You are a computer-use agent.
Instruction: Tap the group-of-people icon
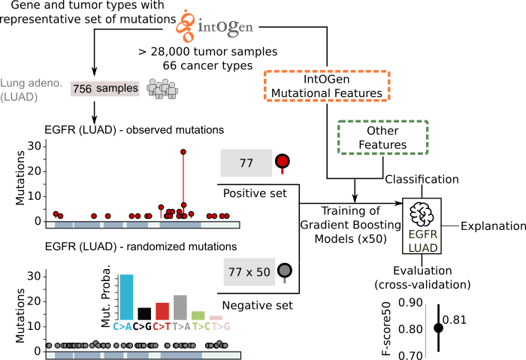click(162, 89)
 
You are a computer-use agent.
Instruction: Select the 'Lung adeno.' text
click(31, 83)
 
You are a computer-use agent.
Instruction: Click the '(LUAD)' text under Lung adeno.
click(19, 97)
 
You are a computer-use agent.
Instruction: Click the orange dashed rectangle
click(327, 86)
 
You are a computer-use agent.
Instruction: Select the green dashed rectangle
click(383, 138)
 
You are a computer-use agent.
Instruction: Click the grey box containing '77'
click(246, 163)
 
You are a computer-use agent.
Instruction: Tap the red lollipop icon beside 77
click(283, 162)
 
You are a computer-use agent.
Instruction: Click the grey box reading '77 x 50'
click(249, 272)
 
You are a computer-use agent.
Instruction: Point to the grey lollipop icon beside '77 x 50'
click(284, 271)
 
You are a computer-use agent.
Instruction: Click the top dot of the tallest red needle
click(183, 152)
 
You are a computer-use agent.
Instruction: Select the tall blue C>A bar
click(126, 297)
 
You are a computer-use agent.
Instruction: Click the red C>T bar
click(162, 310)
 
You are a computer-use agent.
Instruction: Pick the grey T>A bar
click(180, 307)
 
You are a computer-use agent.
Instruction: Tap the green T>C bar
click(198, 316)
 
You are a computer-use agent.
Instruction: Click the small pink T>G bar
click(216, 318)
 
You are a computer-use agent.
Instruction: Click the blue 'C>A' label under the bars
click(122, 327)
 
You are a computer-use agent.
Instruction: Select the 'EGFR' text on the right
click(422, 234)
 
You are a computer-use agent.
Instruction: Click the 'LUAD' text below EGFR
click(422, 248)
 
